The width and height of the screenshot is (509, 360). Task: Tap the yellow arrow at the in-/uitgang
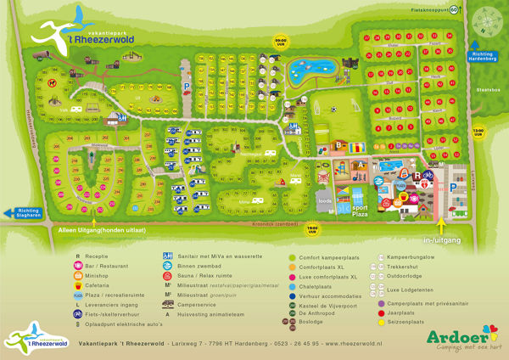click(x=441, y=223)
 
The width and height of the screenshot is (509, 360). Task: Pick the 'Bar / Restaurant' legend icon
click(x=79, y=265)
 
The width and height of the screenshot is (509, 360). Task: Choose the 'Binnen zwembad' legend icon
click(x=168, y=265)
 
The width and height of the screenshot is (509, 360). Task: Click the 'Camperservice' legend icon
click(x=168, y=303)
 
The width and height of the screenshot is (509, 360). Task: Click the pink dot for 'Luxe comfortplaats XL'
click(x=292, y=277)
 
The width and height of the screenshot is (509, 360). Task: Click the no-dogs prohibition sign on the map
click(x=53, y=83)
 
